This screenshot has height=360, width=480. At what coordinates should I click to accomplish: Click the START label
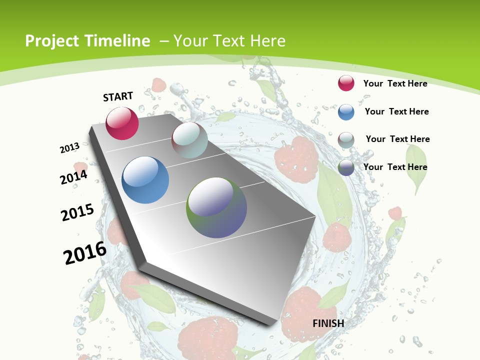point(118,96)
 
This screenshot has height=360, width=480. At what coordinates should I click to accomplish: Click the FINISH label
point(328,323)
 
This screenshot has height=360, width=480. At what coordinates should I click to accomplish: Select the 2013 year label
point(70,148)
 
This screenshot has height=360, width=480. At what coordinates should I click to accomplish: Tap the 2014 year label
point(74,177)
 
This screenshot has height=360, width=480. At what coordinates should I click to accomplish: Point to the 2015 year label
point(77,212)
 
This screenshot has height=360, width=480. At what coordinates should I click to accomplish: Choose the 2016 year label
point(85,253)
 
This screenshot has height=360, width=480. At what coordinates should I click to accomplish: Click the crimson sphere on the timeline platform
point(122,123)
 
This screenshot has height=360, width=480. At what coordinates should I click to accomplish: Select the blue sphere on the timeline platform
point(145,180)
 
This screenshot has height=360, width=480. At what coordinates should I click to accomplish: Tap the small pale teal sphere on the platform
point(189,140)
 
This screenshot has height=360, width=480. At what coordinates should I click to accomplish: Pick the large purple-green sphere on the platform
point(216,207)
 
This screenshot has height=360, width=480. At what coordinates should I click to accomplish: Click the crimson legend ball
point(346,83)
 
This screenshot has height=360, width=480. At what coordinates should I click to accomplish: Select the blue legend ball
point(346,112)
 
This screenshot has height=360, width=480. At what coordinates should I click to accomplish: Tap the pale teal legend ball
point(346,140)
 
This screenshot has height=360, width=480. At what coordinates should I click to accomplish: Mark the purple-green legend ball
point(346,167)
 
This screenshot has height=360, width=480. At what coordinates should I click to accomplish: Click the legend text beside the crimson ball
point(395,83)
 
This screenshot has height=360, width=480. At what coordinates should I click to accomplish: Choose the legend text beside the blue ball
point(396,111)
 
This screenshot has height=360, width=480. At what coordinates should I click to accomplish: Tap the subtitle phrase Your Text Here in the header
point(229,41)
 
